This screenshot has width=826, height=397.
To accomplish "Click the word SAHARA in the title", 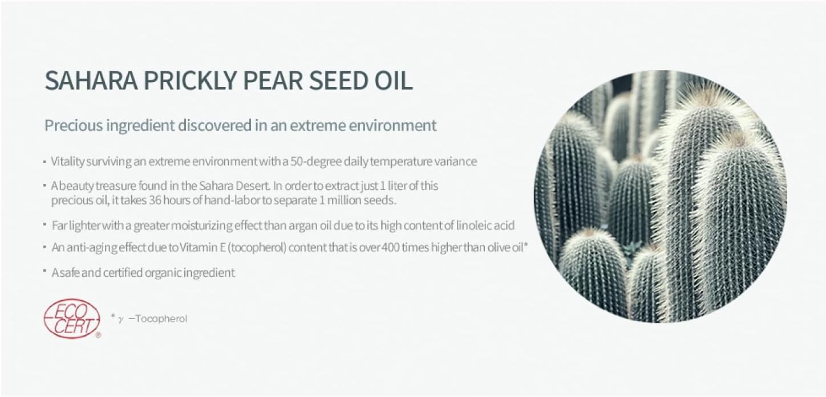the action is [x=91, y=80].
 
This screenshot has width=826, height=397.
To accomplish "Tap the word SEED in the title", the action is [x=338, y=80].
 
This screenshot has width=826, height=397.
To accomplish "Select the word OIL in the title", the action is [x=394, y=80].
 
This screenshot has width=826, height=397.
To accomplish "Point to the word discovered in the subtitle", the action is [x=215, y=125].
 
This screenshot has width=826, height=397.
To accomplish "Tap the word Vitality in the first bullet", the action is [x=68, y=161].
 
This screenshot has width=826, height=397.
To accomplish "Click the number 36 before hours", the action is [x=155, y=200].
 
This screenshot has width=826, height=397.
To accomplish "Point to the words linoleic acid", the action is [x=485, y=225].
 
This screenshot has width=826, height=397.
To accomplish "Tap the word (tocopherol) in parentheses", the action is [x=257, y=247].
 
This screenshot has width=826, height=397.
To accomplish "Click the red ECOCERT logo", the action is [x=72, y=318].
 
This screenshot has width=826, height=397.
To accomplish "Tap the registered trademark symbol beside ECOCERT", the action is [x=98, y=335].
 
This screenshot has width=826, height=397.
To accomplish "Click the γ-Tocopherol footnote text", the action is [x=152, y=318].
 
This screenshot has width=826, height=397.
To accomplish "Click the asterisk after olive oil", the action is [x=526, y=244].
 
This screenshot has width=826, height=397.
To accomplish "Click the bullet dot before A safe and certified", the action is [x=44, y=271].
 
